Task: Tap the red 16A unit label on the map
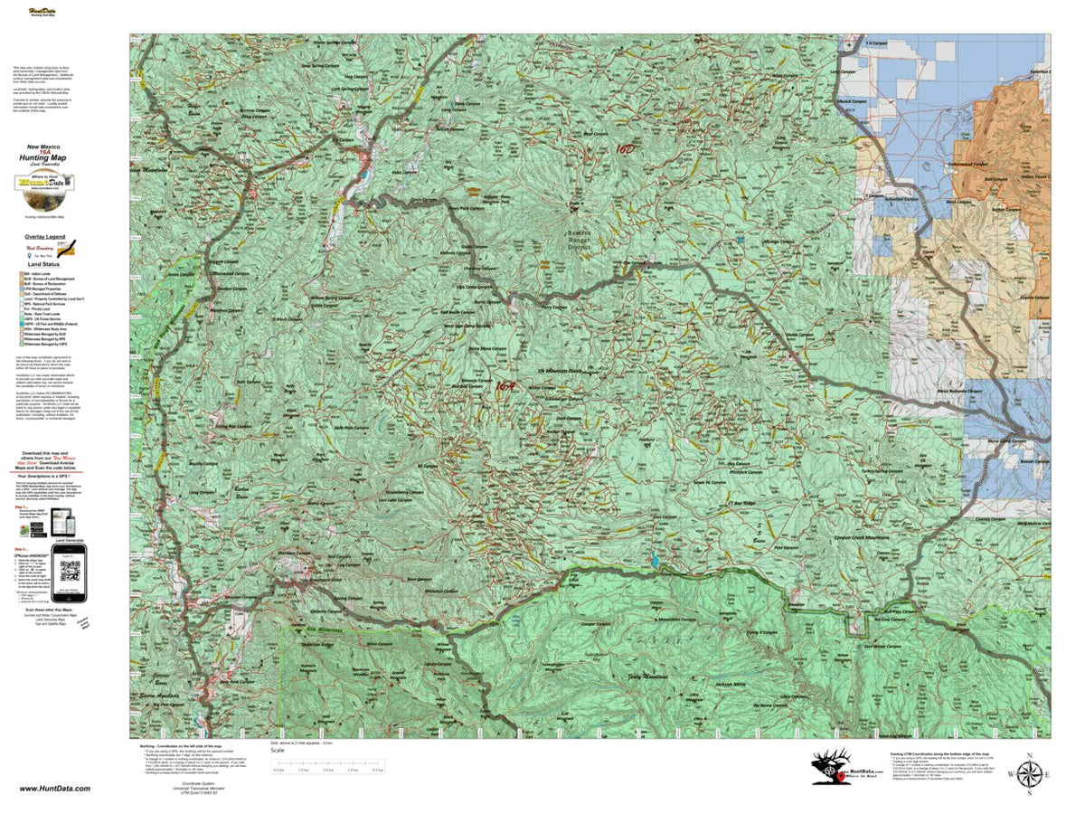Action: [505, 385]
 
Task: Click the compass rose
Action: [1029, 774]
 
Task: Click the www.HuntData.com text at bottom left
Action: [54, 789]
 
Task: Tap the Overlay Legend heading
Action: [43, 237]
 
